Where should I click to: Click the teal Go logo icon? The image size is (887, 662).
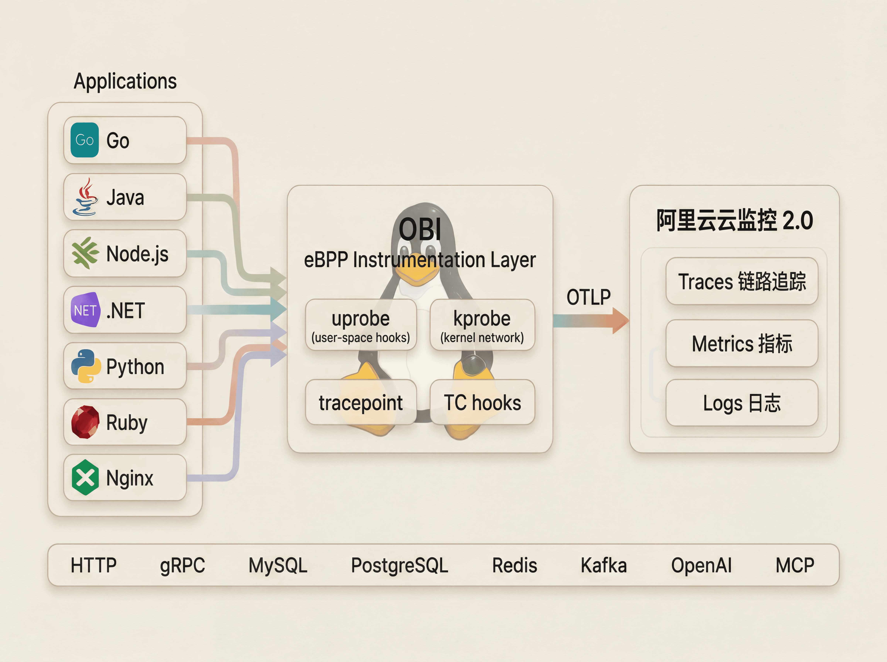coord(85,140)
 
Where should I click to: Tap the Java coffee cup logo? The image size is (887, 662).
coord(85,197)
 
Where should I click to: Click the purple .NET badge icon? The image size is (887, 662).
coord(85,310)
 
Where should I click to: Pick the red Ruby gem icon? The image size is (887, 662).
coord(85,422)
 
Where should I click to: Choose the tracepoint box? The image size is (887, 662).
coord(361,402)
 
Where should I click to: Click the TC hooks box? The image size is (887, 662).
coord(482,402)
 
